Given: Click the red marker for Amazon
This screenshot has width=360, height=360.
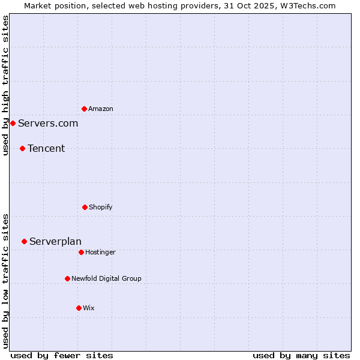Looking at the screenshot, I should point(84,109).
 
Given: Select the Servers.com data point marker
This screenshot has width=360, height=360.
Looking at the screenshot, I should point(13,123).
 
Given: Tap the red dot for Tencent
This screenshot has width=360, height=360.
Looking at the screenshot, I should point(22,148).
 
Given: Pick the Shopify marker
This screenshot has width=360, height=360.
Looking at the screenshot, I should point(85,207).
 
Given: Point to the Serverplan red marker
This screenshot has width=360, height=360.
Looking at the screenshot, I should point(24,241).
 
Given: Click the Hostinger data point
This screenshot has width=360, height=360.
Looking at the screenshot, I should point(81,252).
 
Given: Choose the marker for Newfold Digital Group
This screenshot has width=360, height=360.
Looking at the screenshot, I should point(67,278).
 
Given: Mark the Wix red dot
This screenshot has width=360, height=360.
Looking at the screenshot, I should point(79,308).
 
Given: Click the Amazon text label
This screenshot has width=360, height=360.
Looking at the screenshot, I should point(101,109).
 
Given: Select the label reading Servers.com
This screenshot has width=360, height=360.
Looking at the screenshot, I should point(48,123).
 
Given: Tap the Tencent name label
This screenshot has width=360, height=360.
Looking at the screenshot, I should point(46,148).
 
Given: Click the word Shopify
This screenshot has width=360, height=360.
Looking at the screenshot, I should point(101,207).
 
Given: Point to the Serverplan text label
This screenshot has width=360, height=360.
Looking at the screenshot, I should point(55,241).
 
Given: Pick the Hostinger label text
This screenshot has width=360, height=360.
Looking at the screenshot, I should point(100,252).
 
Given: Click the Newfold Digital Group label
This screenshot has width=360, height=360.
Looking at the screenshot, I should point(106,278).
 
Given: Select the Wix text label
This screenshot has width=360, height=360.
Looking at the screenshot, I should point(89,308).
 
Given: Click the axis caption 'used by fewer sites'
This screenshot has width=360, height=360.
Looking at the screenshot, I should point(62,355).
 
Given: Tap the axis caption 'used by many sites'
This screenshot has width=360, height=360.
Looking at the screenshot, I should point(301,355).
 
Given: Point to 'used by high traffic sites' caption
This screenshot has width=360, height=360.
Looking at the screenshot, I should point(5,85).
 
